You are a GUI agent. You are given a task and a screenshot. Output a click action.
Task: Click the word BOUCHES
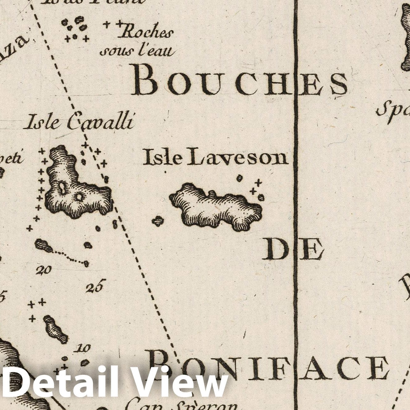tap(239, 81)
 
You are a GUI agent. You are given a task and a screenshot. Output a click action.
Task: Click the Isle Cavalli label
tap(80, 122)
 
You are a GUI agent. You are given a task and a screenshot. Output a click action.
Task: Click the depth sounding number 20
tap(43, 271)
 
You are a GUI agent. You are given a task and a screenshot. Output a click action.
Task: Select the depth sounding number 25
tap(96, 286)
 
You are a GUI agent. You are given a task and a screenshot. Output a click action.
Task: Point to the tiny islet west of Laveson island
tap(158, 221)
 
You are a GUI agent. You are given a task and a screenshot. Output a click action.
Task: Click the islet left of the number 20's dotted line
tap(42, 245)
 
